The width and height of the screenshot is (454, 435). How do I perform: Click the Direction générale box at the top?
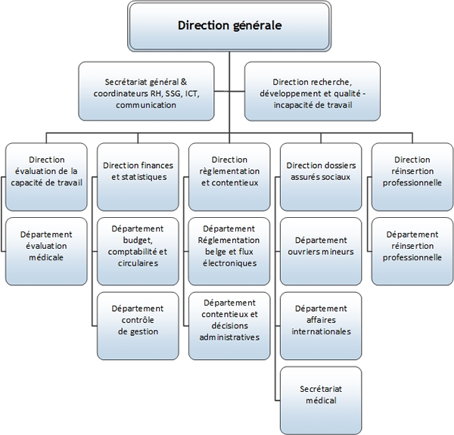pos(229,26)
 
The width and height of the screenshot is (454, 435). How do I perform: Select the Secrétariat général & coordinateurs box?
pos(146,91)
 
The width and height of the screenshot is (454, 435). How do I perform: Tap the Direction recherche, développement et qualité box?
pos(313,91)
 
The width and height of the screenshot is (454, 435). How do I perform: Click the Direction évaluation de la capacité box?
pos(46,170)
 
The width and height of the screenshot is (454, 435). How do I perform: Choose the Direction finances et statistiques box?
pos(138,171)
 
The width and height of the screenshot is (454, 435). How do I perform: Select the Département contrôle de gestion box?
pos(138,320)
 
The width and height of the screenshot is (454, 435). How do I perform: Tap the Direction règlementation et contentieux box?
pos(229,171)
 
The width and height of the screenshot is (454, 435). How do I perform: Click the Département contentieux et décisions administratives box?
pos(229,320)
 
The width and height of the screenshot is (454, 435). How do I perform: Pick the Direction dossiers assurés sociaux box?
pos(321,171)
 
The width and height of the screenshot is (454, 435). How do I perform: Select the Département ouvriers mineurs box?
pos(321,246)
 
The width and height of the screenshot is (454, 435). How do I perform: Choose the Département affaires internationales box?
pos(321,320)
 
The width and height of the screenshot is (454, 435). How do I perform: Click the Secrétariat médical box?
pos(321,393)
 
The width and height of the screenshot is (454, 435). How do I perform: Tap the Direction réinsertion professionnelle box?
pos(412,171)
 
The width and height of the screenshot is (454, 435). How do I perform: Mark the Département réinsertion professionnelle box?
pos(412,246)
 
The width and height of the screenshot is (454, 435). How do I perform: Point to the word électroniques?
pos(229,264)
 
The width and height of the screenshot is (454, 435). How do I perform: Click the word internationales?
pos(321,331)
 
